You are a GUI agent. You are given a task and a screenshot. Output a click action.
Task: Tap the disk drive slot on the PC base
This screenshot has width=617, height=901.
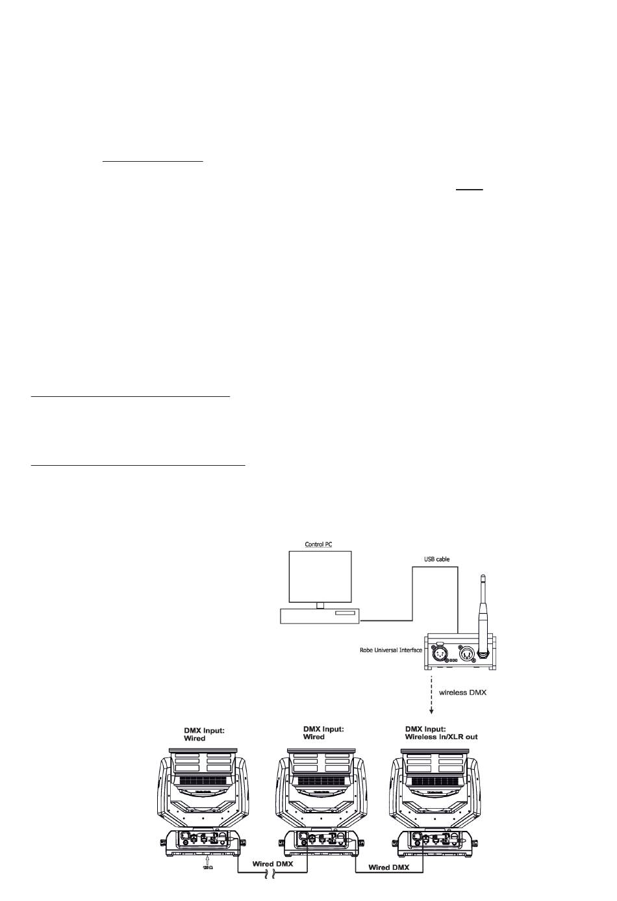[x=346, y=614]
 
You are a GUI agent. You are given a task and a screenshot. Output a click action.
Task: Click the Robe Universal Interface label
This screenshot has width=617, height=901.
[x=391, y=650]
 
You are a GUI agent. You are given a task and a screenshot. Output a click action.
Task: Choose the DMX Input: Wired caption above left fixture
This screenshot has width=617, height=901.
[x=205, y=734]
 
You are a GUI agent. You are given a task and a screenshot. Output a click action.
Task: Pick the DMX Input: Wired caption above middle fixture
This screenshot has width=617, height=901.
[x=323, y=733]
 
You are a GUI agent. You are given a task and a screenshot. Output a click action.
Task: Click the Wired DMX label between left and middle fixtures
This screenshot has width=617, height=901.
[x=273, y=864]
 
